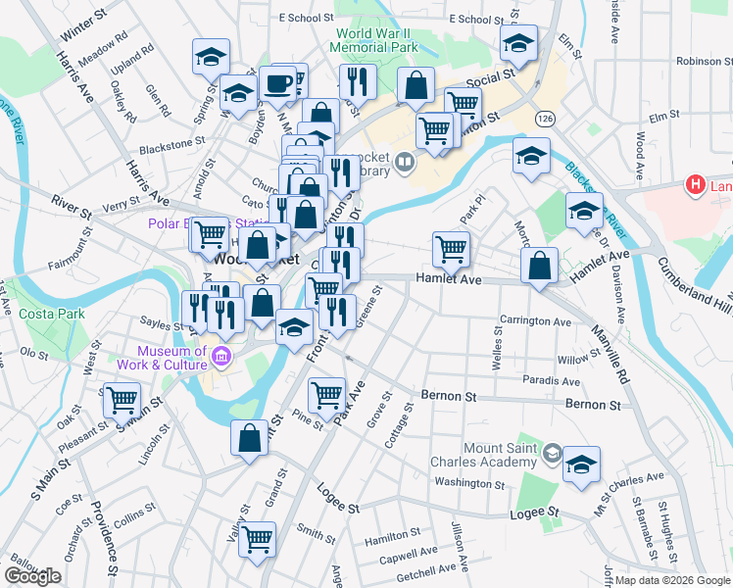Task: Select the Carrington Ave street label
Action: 535,321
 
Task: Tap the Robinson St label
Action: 698,61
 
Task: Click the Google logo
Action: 32,576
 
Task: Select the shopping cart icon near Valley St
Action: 257,537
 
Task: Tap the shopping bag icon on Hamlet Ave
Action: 539,265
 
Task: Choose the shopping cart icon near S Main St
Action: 122,399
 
